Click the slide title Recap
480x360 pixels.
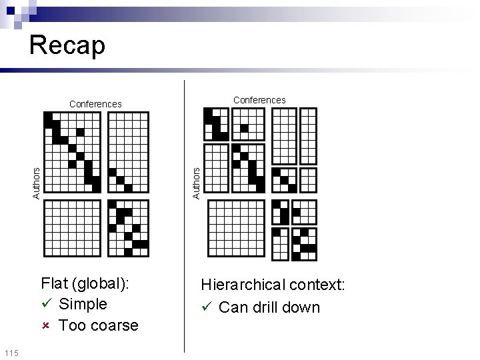67,46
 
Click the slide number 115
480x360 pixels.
11,352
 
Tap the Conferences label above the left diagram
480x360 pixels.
95,104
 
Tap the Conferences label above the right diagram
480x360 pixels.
259,100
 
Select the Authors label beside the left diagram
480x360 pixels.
37,182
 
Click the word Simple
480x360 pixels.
83,304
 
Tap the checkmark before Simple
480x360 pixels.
46,304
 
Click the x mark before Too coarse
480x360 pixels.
45,326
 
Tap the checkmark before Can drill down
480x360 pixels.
207,307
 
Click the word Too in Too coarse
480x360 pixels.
71,326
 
